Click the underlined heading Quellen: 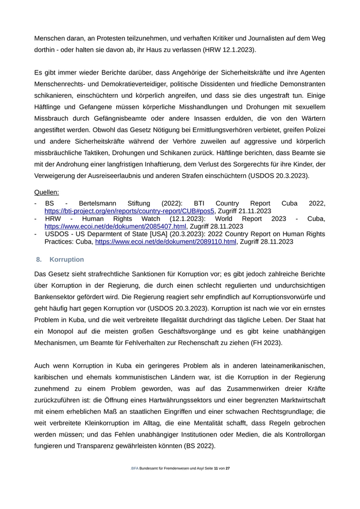[x=46, y=192]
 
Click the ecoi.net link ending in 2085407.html [x=115, y=226]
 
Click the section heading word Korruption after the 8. [x=67, y=259]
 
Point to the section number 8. [x=39, y=259]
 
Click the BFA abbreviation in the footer [x=135, y=483]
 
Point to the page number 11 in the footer [x=217, y=483]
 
